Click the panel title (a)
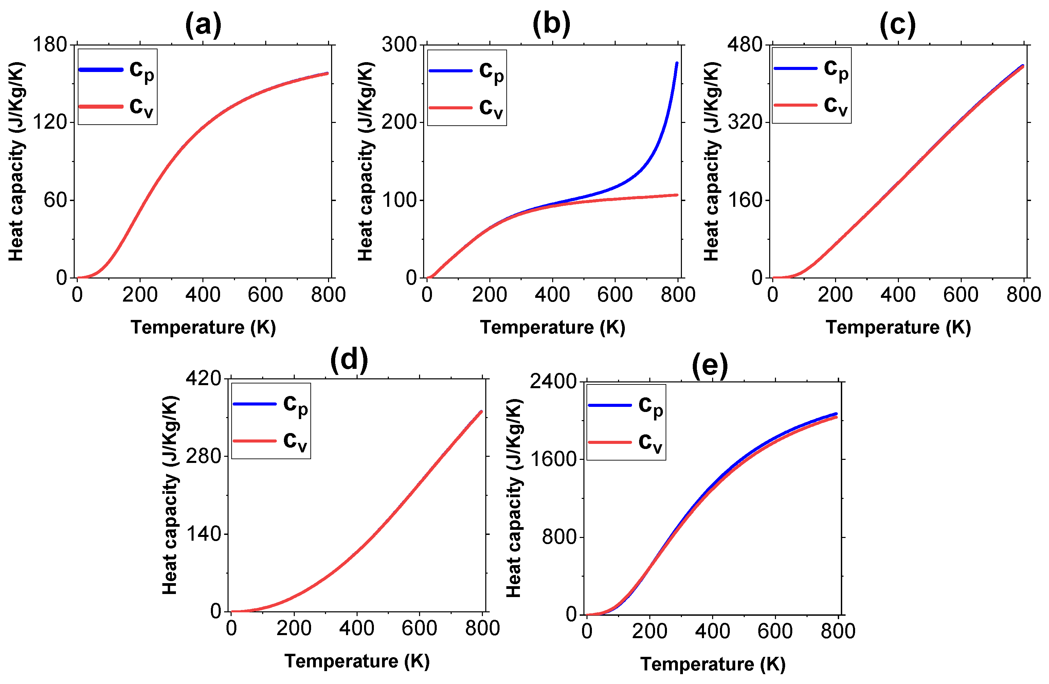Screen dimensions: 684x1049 (203, 25)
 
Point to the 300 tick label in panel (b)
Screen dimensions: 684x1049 (399, 44)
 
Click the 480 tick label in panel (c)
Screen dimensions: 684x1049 (744, 44)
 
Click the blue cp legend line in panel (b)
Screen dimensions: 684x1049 (450, 71)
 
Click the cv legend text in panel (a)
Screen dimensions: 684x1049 (141, 107)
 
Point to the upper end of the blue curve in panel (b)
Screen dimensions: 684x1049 (676, 64)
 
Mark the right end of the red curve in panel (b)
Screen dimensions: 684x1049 (676, 195)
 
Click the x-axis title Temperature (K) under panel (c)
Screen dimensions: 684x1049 (898, 327)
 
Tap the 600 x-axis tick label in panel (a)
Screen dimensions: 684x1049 (265, 294)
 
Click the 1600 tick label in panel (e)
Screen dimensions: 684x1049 (553, 459)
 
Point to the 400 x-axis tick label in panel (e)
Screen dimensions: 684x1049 (712, 631)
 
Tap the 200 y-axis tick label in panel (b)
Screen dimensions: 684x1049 (399, 122)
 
